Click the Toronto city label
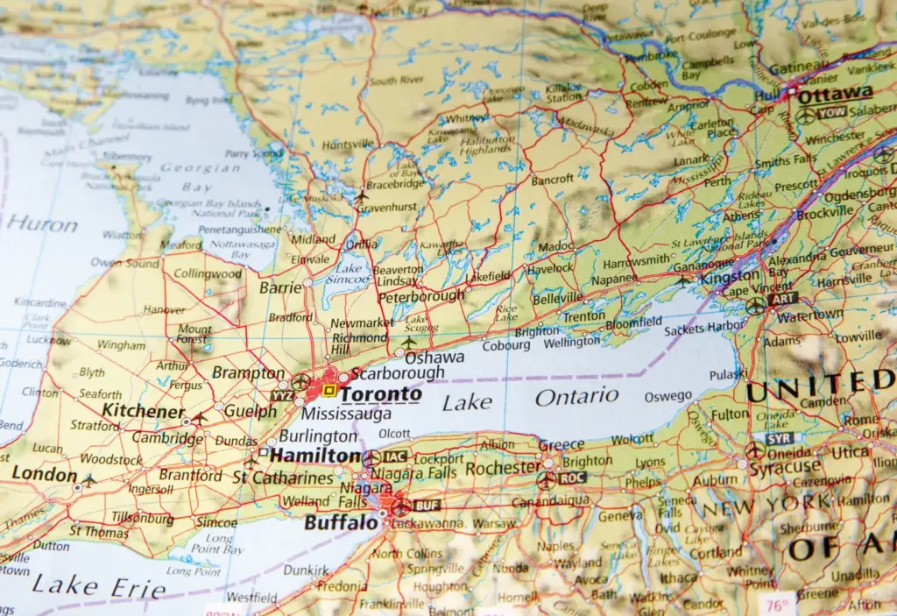click(380, 394)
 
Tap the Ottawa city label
click(835, 94)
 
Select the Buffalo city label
click(341, 523)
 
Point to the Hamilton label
click(314, 456)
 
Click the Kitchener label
click(143, 410)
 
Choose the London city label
click(45, 475)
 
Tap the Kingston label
click(731, 277)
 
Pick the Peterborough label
click(421, 296)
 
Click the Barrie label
click(280, 287)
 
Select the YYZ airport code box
click(281, 395)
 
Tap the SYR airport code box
click(779, 438)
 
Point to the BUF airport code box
click(427, 506)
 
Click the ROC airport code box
click(573, 479)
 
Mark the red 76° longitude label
click(777, 604)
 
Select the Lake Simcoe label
click(350, 273)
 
